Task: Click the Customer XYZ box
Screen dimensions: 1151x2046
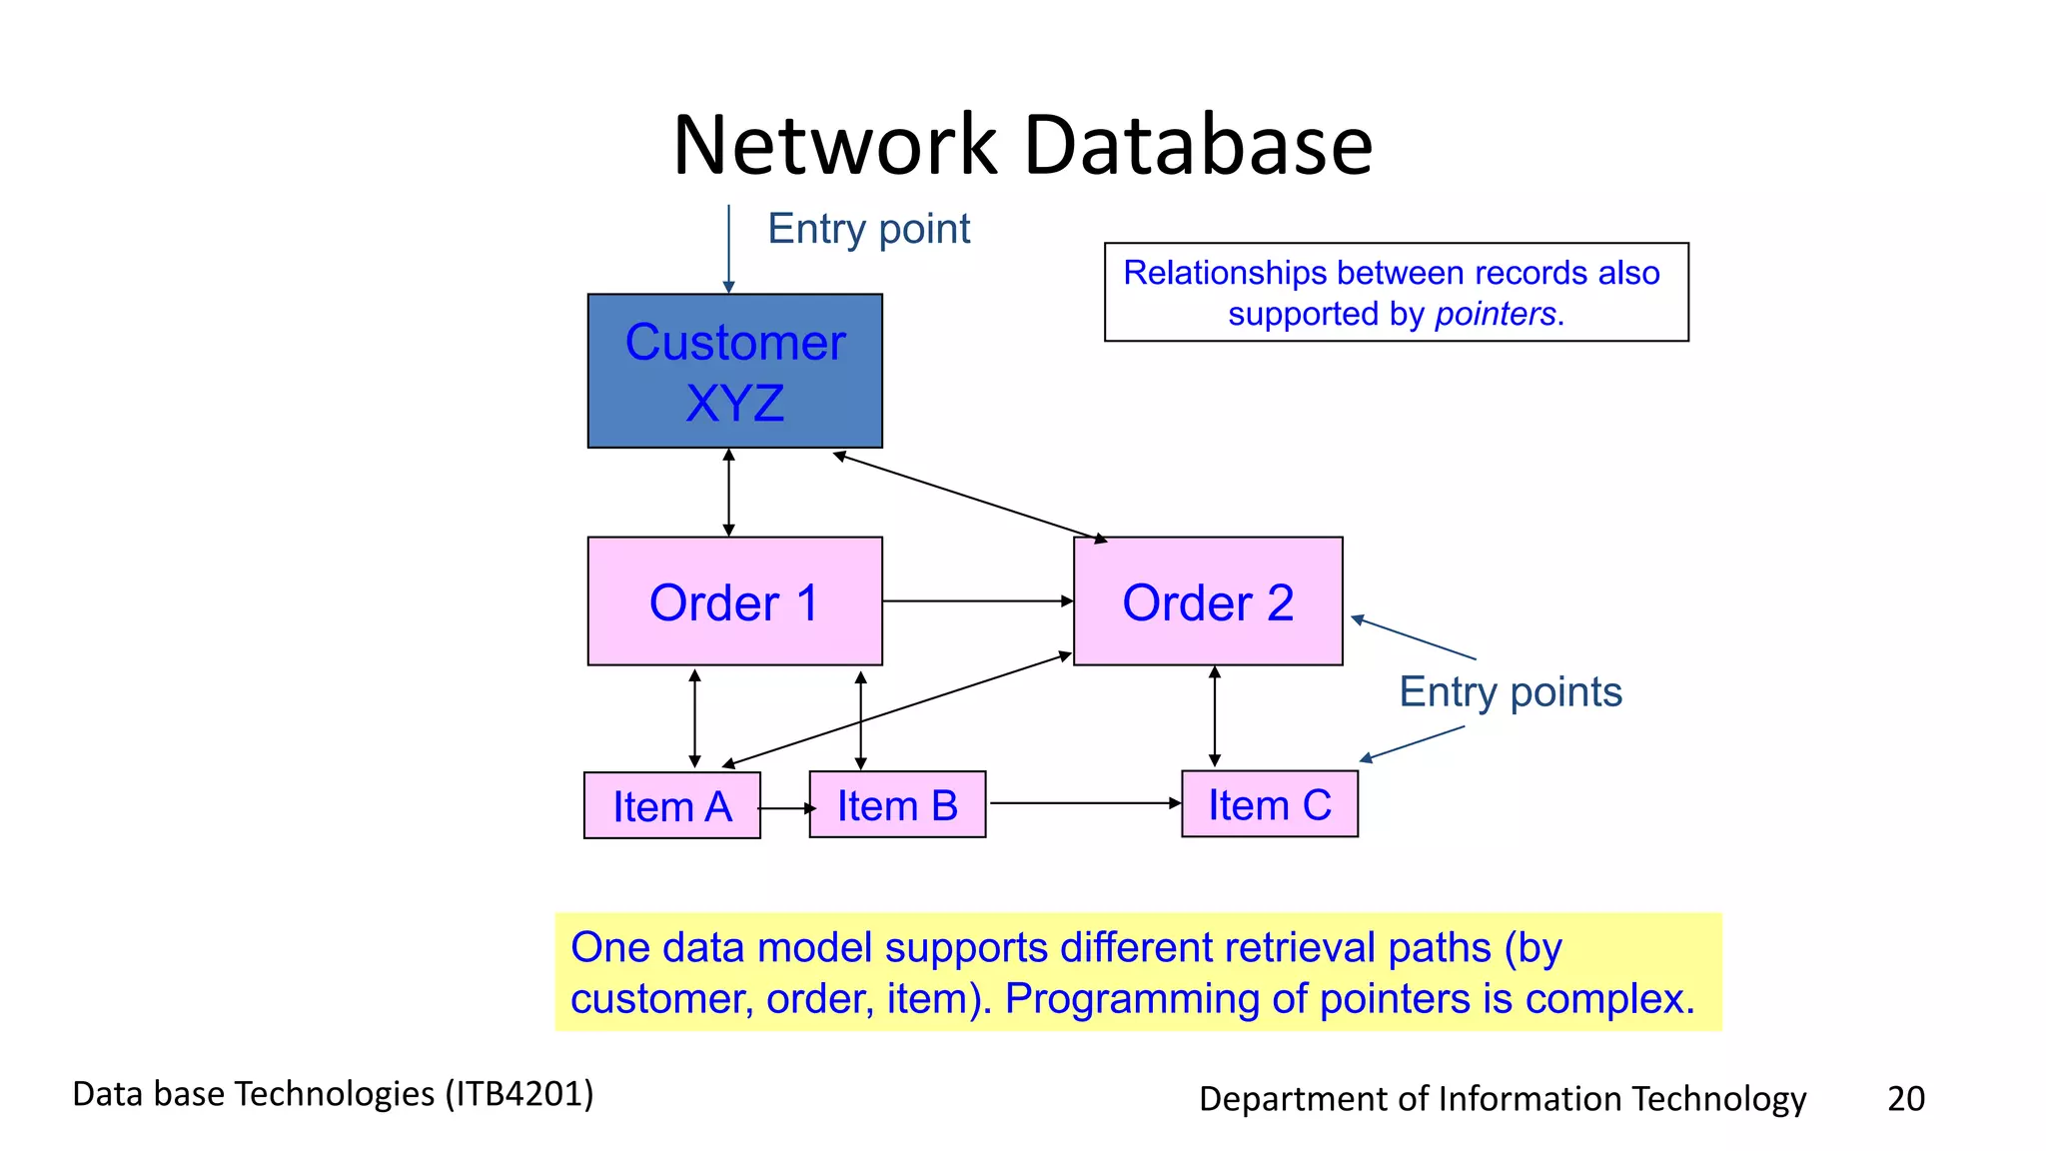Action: (734, 371)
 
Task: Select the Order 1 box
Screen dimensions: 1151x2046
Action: (734, 601)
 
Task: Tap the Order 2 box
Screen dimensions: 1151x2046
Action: (1207, 601)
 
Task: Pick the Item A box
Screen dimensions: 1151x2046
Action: (671, 805)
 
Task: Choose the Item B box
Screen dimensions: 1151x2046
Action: (896, 804)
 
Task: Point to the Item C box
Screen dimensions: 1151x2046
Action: (1269, 804)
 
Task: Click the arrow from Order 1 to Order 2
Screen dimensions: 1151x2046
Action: (977, 601)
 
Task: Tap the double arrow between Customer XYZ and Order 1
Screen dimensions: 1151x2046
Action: (728, 493)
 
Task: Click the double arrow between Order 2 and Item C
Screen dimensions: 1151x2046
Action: (1214, 716)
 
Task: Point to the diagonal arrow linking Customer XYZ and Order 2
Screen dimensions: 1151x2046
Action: (970, 498)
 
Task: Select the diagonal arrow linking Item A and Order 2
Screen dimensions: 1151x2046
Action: (896, 710)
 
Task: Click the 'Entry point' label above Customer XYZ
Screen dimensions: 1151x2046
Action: (868, 229)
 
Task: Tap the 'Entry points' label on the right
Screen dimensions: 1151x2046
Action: (1510, 691)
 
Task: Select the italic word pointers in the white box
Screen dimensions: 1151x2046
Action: (1496, 315)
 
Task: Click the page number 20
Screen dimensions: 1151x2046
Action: (1905, 1098)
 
